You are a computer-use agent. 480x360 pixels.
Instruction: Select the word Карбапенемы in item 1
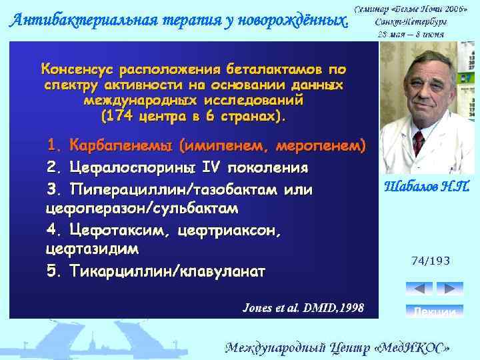click(123, 145)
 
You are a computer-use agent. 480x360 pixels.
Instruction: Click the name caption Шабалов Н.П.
click(426, 187)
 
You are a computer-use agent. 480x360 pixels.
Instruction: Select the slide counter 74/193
click(431, 261)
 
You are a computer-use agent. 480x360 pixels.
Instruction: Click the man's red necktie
click(418, 141)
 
